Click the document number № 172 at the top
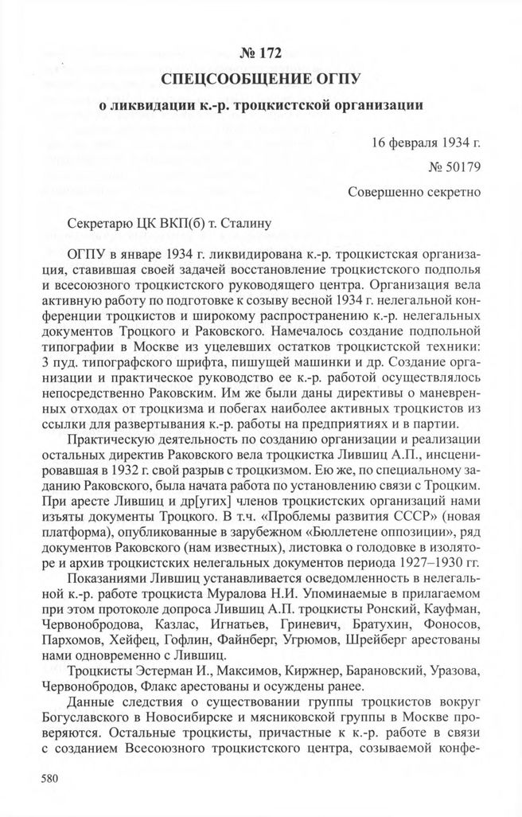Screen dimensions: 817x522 261,53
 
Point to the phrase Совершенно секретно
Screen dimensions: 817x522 414,192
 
